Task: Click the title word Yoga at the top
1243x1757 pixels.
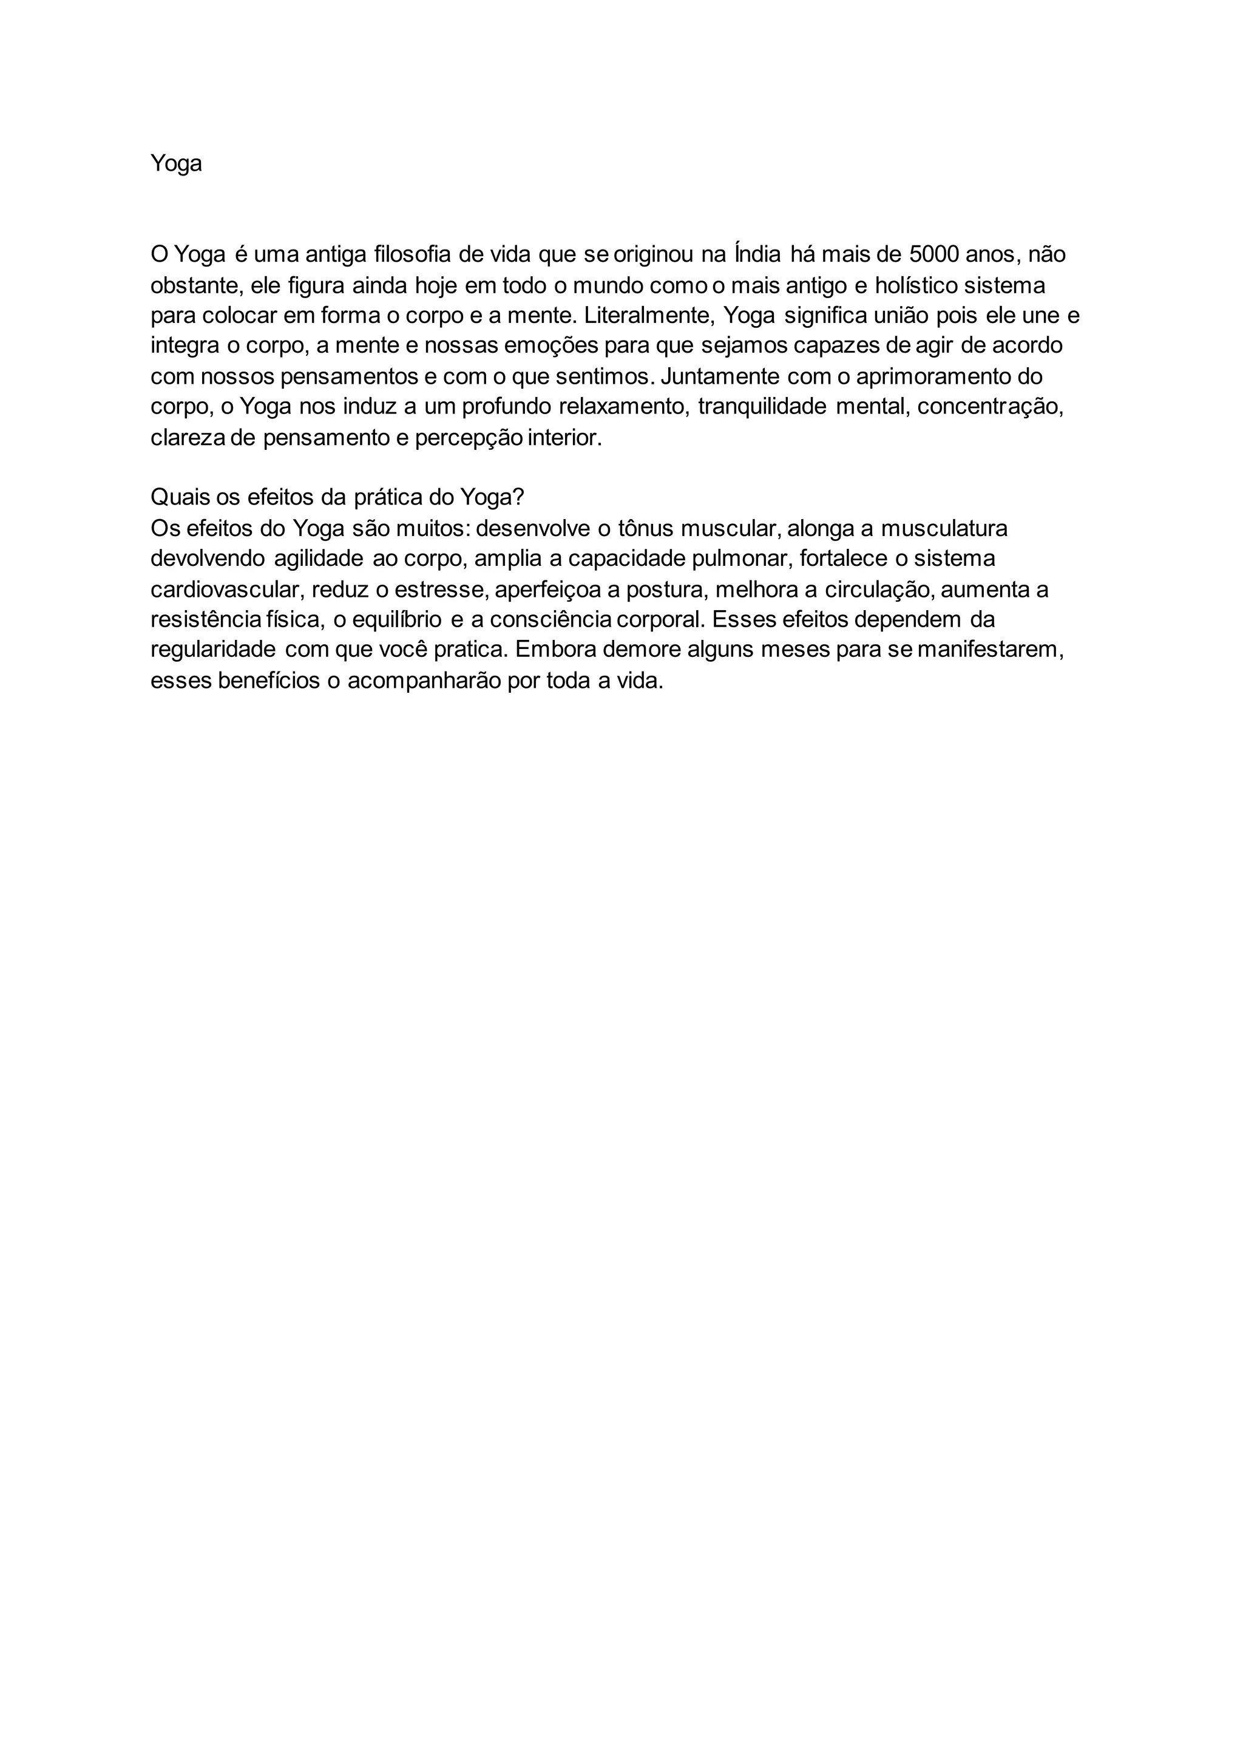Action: tap(176, 164)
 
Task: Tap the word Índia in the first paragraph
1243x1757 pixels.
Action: tap(757, 254)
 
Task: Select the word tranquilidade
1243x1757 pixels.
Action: tap(762, 407)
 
